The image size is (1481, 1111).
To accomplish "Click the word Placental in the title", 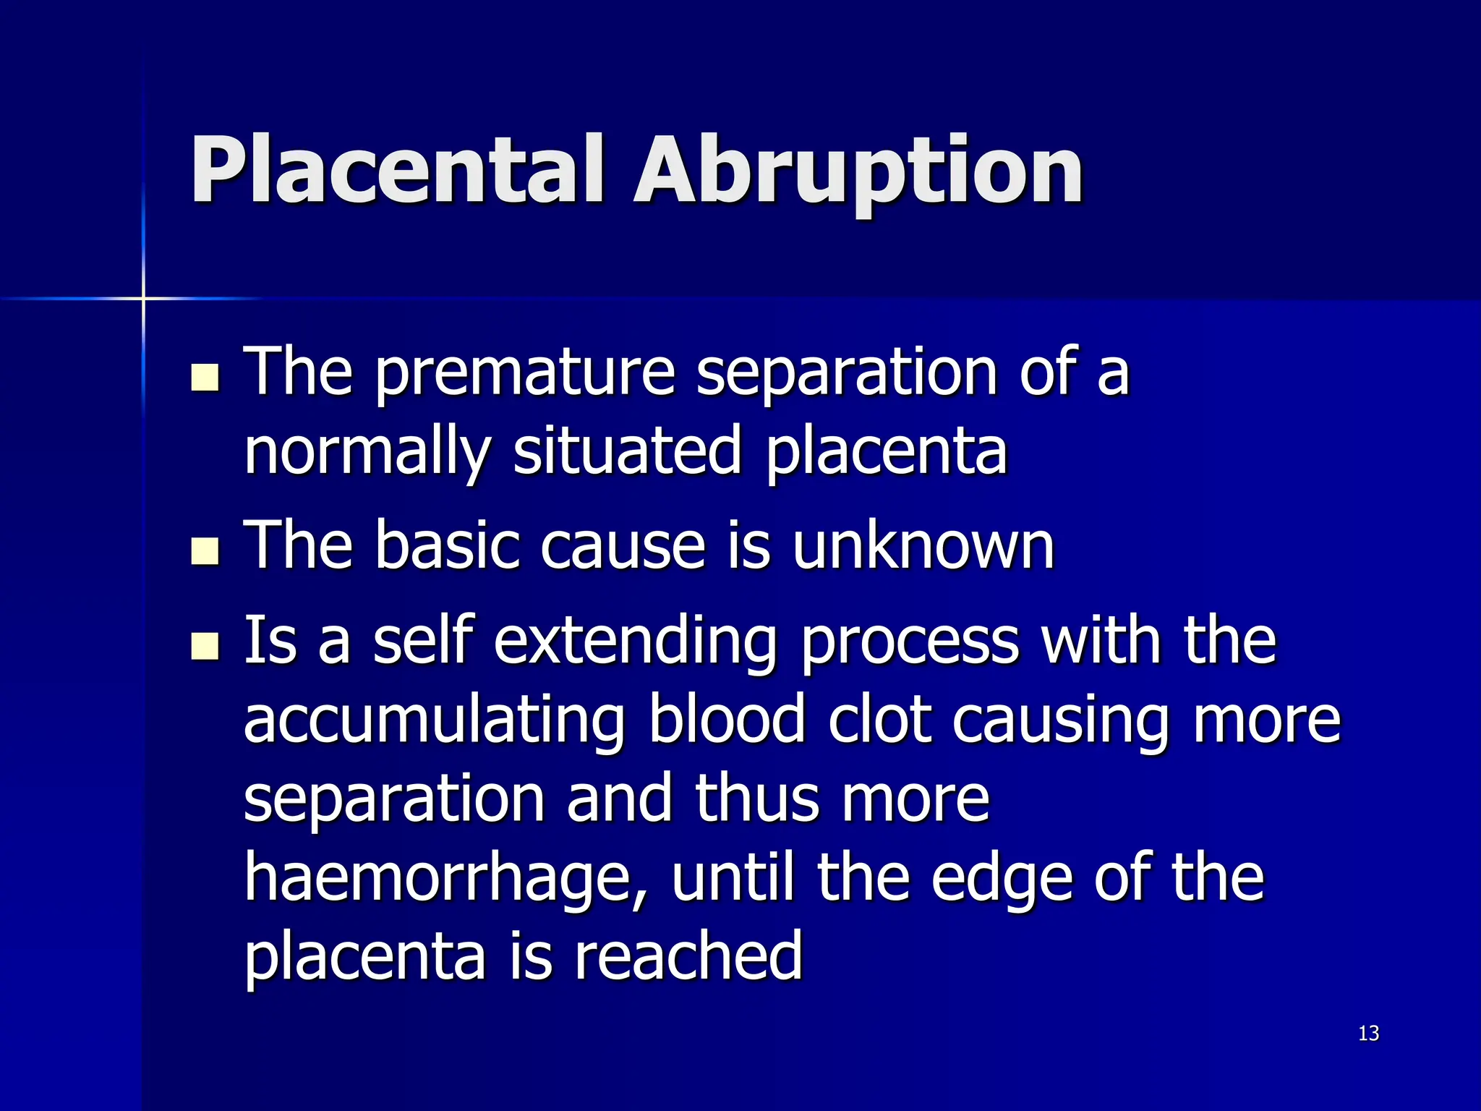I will point(396,170).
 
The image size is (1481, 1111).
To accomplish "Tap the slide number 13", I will point(1368,1033).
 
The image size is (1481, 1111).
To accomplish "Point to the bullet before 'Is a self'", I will point(205,646).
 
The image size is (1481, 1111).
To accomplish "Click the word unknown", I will point(923,546).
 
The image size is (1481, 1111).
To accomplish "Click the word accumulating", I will point(434,722).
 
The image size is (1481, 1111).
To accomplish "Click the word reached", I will point(688,956).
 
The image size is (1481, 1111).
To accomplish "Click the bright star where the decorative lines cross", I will point(143,298).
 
